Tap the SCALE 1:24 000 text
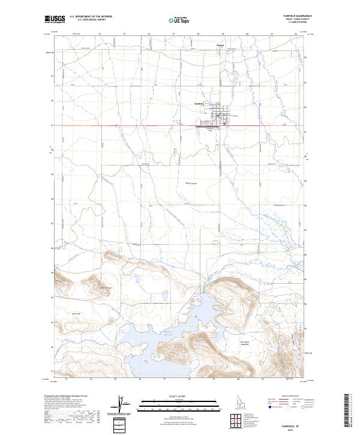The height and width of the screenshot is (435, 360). tap(179, 396)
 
